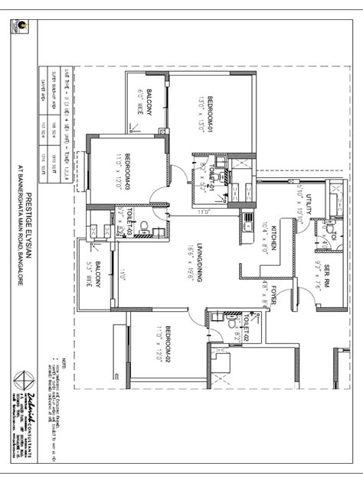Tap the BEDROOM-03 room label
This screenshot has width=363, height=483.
pos(129,171)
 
